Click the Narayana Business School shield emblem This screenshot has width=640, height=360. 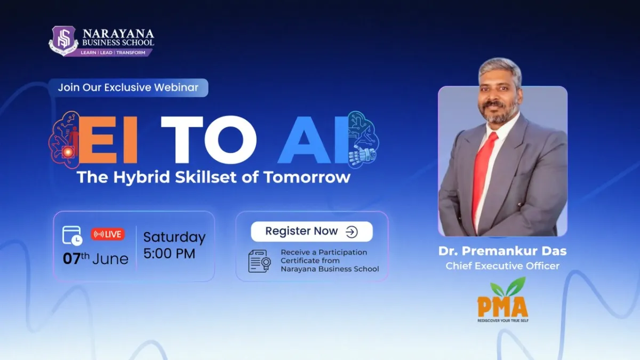tap(63, 41)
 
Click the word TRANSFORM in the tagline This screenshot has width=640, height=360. tap(131, 53)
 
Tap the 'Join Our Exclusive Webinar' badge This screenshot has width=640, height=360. tap(129, 87)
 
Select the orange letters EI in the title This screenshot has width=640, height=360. tap(108, 139)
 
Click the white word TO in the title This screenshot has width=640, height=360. tap(209, 140)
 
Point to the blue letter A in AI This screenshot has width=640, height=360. tap(305, 139)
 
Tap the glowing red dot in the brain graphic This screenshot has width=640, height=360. tap(68, 152)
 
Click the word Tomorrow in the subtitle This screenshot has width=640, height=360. tap(307, 177)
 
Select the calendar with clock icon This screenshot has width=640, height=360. tap(73, 236)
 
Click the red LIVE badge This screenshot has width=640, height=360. tap(108, 234)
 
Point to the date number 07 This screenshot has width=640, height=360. tap(71, 259)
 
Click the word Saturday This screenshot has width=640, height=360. tap(174, 238)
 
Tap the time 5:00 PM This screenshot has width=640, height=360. tap(169, 254)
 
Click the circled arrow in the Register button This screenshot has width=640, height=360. tap(351, 232)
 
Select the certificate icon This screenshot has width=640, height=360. tap(259, 261)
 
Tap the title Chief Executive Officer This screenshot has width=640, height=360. tap(502, 266)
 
